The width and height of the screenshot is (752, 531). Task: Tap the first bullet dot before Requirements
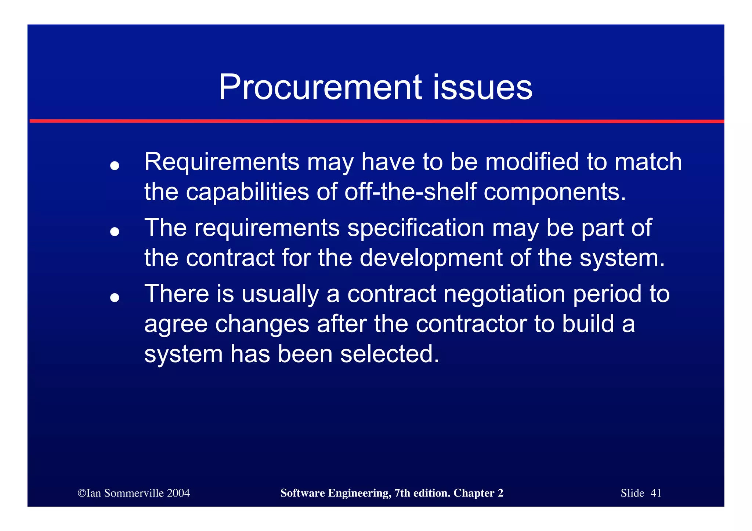coord(115,166)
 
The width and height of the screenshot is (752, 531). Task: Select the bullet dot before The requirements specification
coord(115,232)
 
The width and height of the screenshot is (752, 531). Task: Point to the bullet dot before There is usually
coord(115,298)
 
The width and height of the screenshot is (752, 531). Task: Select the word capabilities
coord(247,192)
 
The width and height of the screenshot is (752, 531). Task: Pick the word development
coord(430,258)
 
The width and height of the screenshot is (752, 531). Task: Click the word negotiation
coord(504,294)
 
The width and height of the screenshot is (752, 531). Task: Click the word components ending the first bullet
coord(554,192)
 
